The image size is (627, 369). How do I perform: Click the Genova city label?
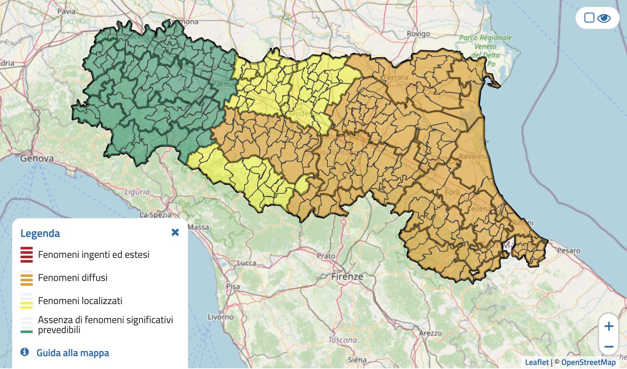(x=37, y=158)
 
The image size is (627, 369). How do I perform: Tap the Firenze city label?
(x=347, y=277)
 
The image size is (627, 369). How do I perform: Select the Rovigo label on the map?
(x=418, y=34)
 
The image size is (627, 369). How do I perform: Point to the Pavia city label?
(x=66, y=11)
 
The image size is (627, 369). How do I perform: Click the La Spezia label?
(x=155, y=215)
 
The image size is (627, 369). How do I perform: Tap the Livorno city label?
(x=220, y=317)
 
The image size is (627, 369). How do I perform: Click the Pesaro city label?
(x=569, y=251)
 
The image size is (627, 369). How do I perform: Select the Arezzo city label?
(x=430, y=333)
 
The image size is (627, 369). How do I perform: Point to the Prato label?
(x=326, y=256)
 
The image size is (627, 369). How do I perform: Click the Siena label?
(x=357, y=360)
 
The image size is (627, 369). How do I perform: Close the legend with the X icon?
(x=175, y=232)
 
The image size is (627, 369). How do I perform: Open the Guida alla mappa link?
(x=73, y=353)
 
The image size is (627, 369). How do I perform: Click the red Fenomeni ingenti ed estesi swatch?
(x=26, y=255)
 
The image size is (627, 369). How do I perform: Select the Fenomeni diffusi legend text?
(x=73, y=278)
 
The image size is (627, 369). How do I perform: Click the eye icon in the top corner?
(x=604, y=18)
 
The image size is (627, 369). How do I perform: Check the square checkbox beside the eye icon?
(x=589, y=18)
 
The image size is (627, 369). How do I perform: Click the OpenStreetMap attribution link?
(x=588, y=362)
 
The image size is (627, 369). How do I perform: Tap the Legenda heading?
(x=40, y=233)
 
